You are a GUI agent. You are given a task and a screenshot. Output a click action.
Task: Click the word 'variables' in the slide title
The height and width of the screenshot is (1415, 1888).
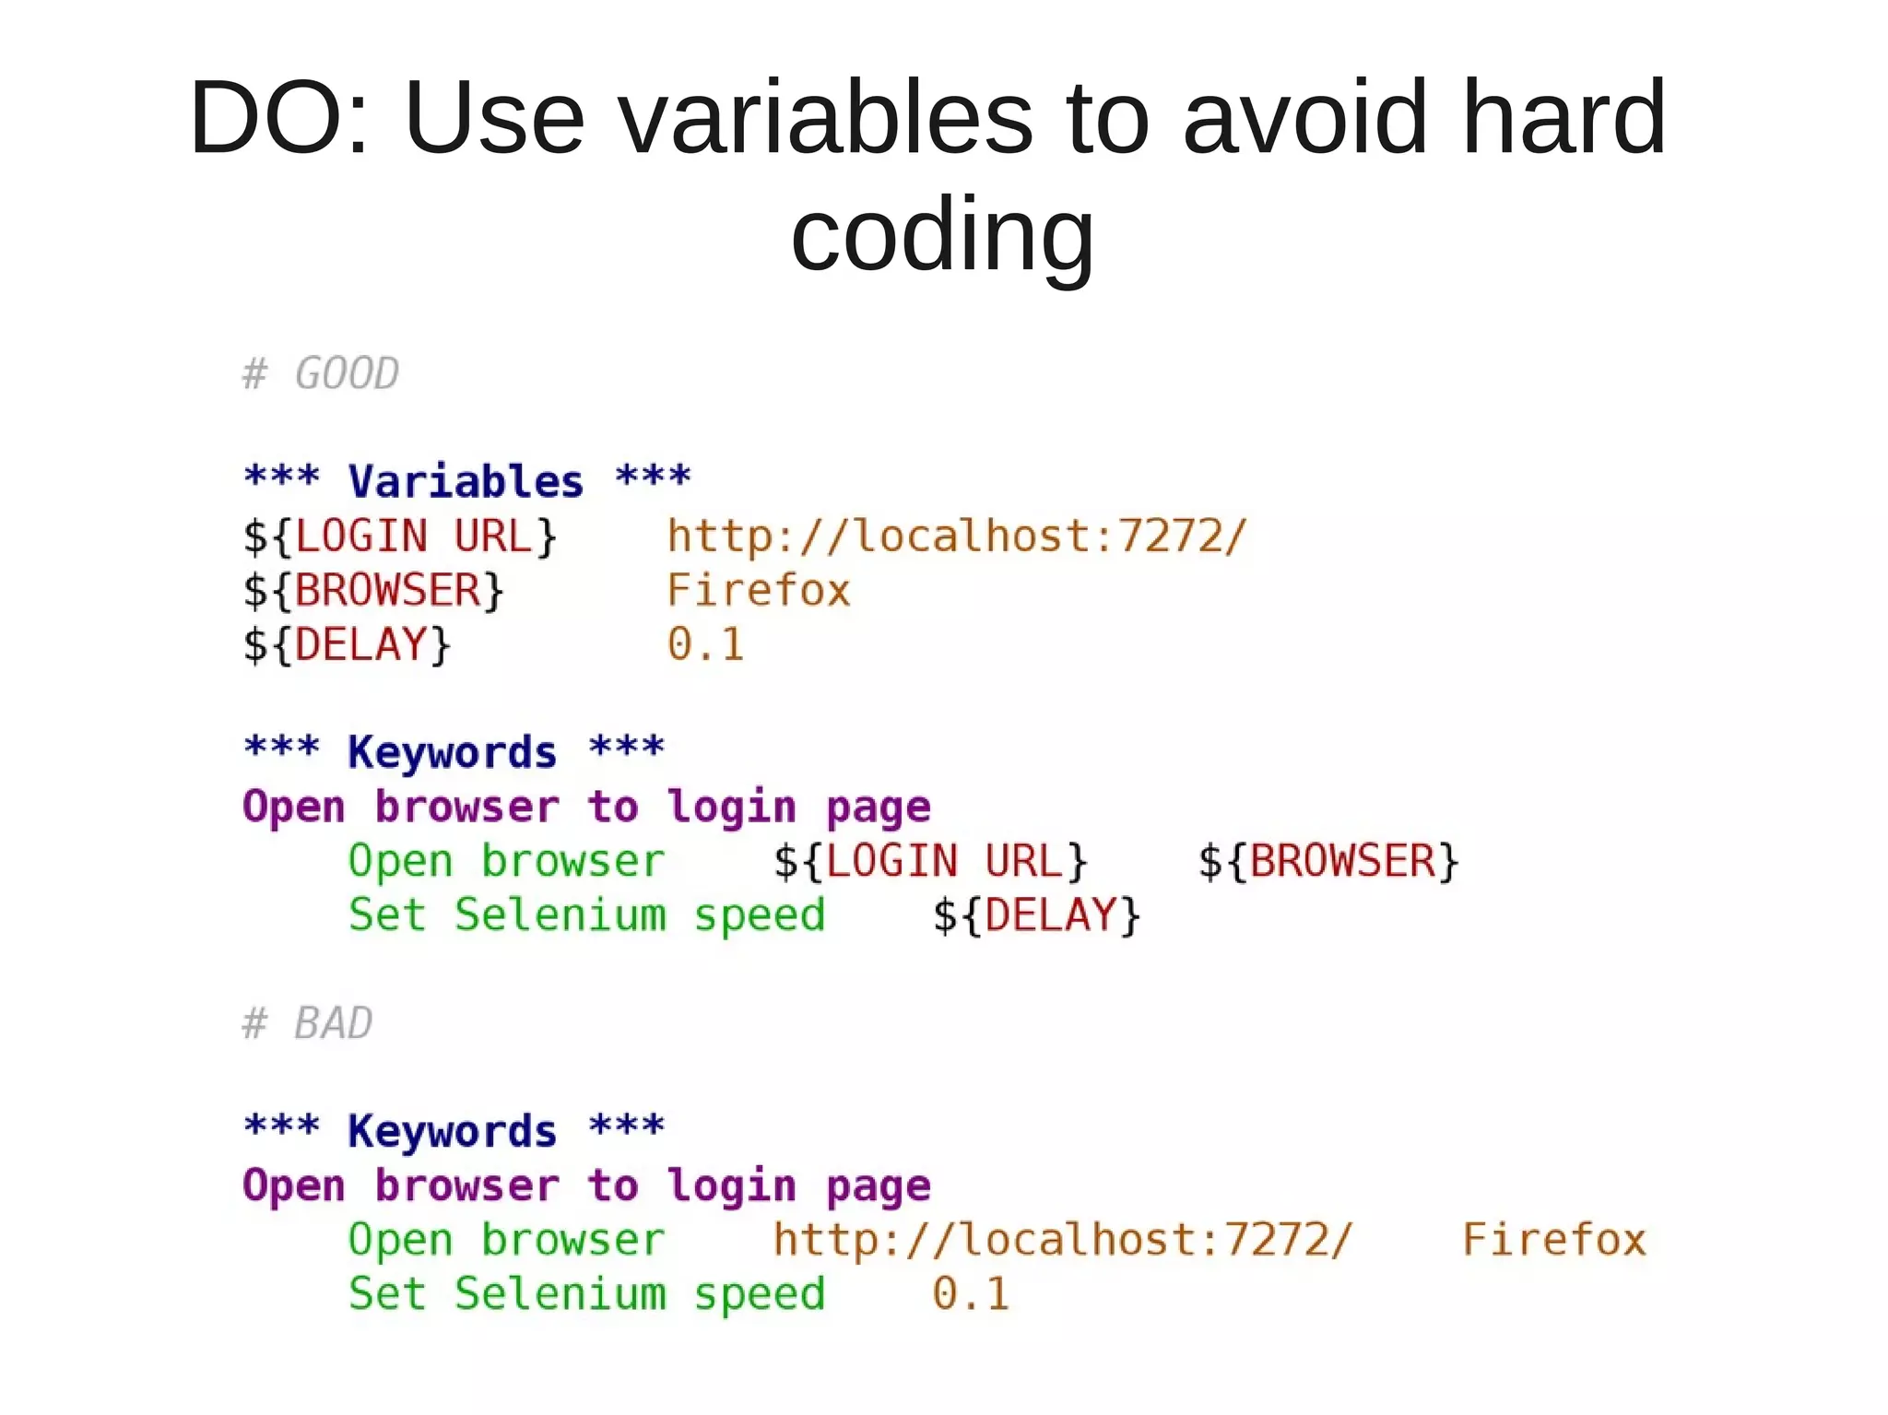pyautogui.click(x=826, y=118)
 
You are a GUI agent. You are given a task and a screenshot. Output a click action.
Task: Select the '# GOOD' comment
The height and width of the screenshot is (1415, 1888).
pyautogui.click(x=320, y=373)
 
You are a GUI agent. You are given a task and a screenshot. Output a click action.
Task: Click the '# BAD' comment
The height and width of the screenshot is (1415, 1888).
pyautogui.click(x=307, y=1023)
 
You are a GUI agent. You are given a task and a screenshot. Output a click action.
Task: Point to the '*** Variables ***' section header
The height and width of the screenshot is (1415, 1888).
pyautogui.click(x=466, y=480)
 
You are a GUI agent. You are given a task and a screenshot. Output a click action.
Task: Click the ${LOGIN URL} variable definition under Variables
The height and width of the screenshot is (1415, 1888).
pyautogui.click(x=400, y=537)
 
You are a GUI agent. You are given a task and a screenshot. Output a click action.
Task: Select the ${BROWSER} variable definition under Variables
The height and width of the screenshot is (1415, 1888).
pyautogui.click(x=373, y=591)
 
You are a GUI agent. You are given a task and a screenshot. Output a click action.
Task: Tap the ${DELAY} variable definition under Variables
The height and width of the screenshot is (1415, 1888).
pyautogui.click(x=347, y=644)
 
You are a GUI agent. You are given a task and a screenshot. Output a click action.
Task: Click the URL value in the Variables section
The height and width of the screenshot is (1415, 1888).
pyautogui.click(x=956, y=537)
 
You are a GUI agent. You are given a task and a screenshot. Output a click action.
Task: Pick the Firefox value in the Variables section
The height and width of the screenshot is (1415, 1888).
pyautogui.click(x=758, y=591)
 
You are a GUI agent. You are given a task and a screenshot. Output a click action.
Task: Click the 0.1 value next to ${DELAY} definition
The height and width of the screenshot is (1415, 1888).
pyautogui.click(x=705, y=644)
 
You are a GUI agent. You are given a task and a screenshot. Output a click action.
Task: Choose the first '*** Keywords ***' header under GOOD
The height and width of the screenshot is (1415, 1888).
pyautogui.click(x=454, y=751)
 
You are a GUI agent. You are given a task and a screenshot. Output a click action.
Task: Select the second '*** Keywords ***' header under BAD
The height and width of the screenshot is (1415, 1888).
pyautogui.click(x=454, y=1130)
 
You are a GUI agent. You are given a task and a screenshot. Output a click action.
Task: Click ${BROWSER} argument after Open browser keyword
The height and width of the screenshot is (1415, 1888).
pyautogui.click(x=1327, y=861)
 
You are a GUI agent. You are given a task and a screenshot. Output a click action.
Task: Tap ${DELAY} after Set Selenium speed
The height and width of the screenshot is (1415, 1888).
pyautogui.click(x=1036, y=915)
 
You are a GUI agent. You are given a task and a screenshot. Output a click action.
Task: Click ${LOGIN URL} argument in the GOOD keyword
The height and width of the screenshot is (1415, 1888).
pyautogui.click(x=930, y=861)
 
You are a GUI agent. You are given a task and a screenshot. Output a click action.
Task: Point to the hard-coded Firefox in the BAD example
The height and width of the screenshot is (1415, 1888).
pyautogui.click(x=1553, y=1240)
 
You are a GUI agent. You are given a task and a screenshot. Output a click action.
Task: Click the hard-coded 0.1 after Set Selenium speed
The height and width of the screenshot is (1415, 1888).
pyautogui.click(x=970, y=1293)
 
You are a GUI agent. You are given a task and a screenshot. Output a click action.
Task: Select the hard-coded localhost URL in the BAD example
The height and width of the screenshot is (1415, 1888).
pyautogui.click(x=1062, y=1240)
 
